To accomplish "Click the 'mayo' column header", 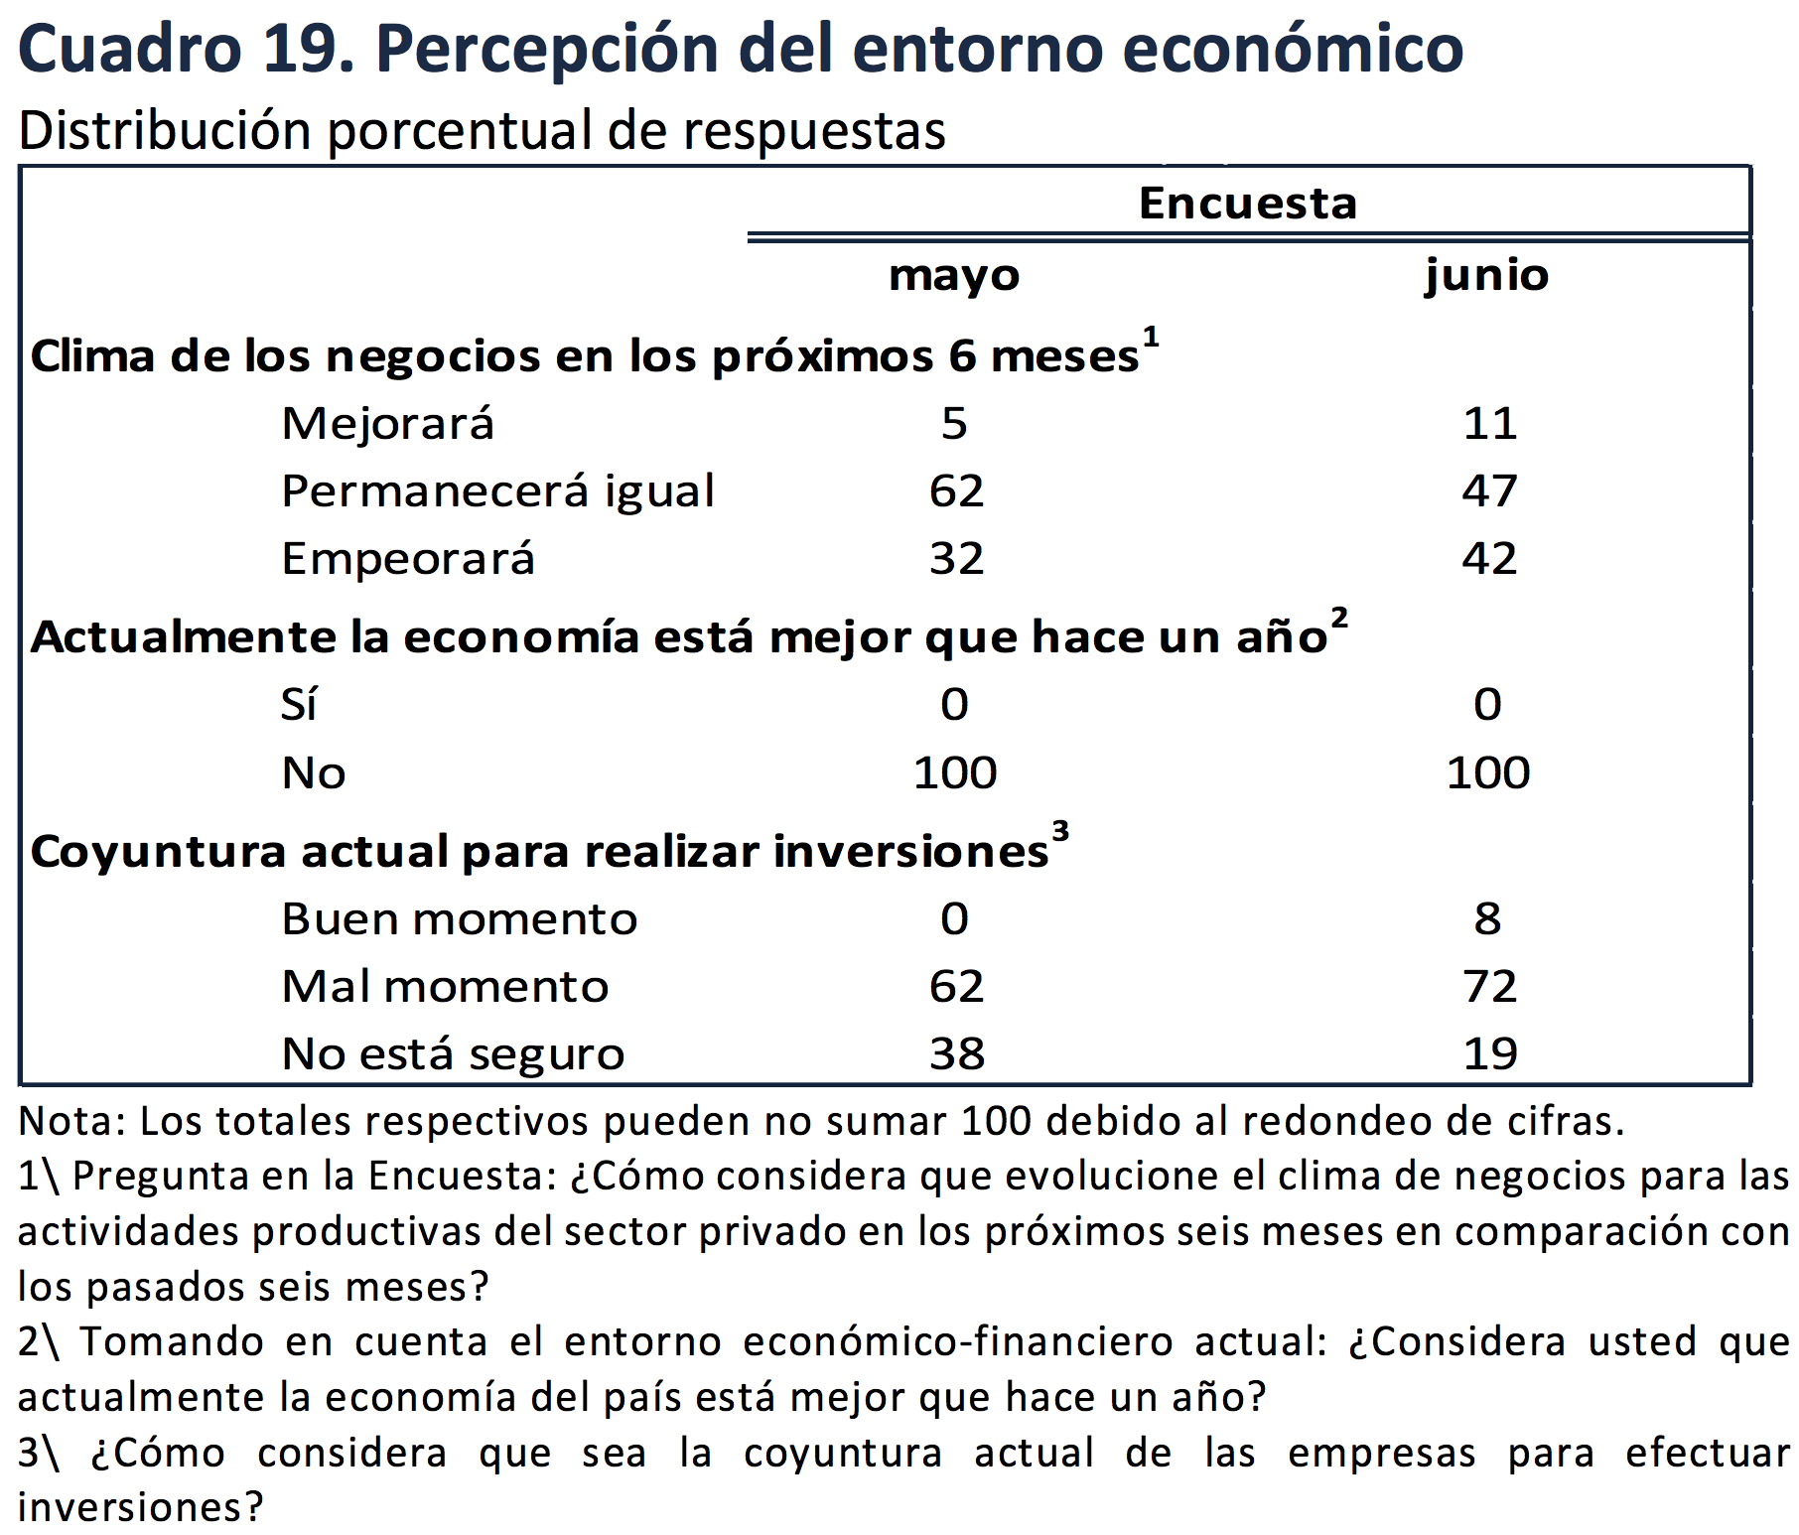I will tap(954, 275).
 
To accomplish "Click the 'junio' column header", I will tap(1486, 275).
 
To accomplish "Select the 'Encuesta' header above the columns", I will tap(1247, 204).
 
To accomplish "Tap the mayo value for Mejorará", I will tap(954, 424).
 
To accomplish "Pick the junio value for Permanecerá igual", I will tap(1488, 491).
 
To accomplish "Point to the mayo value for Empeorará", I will tap(956, 559).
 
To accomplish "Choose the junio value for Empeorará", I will tap(1488, 559).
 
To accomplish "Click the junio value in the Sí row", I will tap(1487, 705).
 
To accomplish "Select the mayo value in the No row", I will tap(955, 772).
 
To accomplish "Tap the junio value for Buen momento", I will tap(1487, 919).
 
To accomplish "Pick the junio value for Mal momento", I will tap(1489, 987).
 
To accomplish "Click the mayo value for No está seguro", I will tap(956, 1054).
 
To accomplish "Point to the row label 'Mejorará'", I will tap(387, 424).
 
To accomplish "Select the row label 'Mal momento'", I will tap(445, 987).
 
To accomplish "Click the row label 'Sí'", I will tap(299, 705).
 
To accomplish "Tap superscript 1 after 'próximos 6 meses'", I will tap(1151, 338).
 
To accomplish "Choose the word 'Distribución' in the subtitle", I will tap(165, 131).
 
